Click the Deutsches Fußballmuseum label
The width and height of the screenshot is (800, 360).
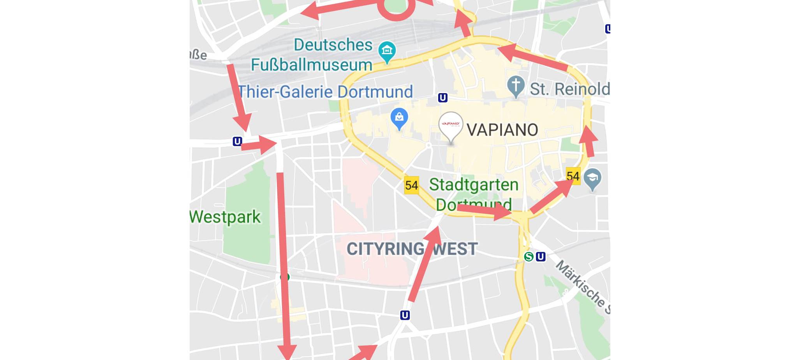[312, 55]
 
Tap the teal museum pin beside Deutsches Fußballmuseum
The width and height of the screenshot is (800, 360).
[387, 51]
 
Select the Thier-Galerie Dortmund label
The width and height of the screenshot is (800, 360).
[325, 92]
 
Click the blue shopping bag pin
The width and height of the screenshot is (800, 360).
[399, 117]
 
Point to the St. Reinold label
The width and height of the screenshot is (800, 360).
[569, 89]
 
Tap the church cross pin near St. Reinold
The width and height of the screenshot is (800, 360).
[516, 85]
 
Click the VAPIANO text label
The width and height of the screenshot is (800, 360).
[502, 130]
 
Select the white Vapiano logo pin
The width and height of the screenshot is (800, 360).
[451, 125]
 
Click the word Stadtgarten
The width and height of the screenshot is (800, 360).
[474, 185]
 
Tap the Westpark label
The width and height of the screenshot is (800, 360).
[225, 217]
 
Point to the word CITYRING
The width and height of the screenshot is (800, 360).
[385, 249]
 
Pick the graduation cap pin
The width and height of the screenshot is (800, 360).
[592, 178]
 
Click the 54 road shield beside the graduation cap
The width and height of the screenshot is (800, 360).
[573, 176]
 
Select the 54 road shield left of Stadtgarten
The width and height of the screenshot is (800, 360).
[411, 185]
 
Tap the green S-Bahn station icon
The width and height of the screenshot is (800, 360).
[529, 257]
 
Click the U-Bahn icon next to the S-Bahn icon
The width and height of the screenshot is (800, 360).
[541, 257]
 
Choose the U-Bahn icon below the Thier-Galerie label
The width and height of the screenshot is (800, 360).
[442, 97]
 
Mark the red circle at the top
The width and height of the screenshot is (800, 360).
[396, 9]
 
